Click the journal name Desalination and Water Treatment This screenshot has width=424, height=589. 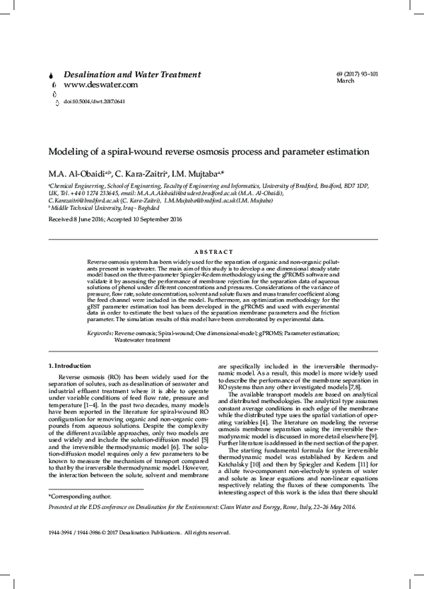(x=132, y=74)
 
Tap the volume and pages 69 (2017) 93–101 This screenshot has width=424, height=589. (x=358, y=74)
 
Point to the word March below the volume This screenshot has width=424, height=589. (x=346, y=81)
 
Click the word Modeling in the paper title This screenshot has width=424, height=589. (x=69, y=151)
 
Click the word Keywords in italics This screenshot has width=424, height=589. (x=100, y=332)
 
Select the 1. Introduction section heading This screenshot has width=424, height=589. (x=69, y=366)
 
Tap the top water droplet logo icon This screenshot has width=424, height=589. (x=54, y=75)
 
